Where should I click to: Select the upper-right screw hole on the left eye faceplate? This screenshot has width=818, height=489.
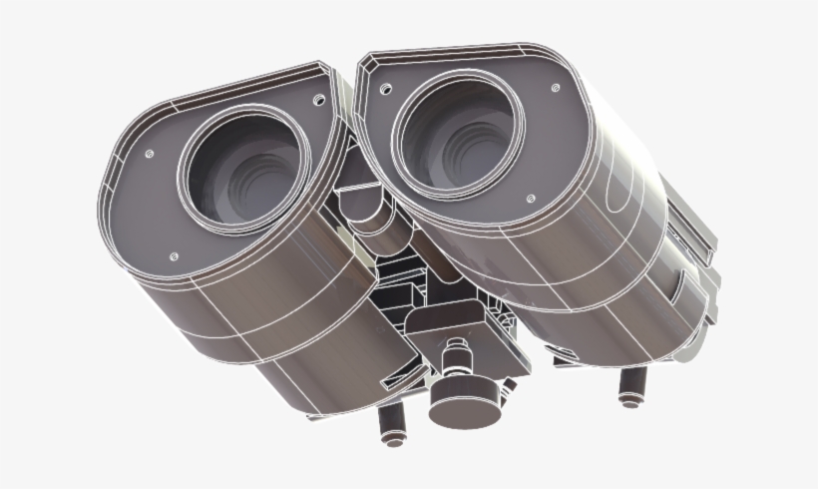coord(318,101)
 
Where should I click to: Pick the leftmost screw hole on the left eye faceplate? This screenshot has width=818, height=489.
coord(149,154)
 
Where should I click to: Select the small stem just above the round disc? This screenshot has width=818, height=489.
coord(459,357)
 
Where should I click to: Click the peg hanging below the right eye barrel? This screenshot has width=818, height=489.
coord(629,387)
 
